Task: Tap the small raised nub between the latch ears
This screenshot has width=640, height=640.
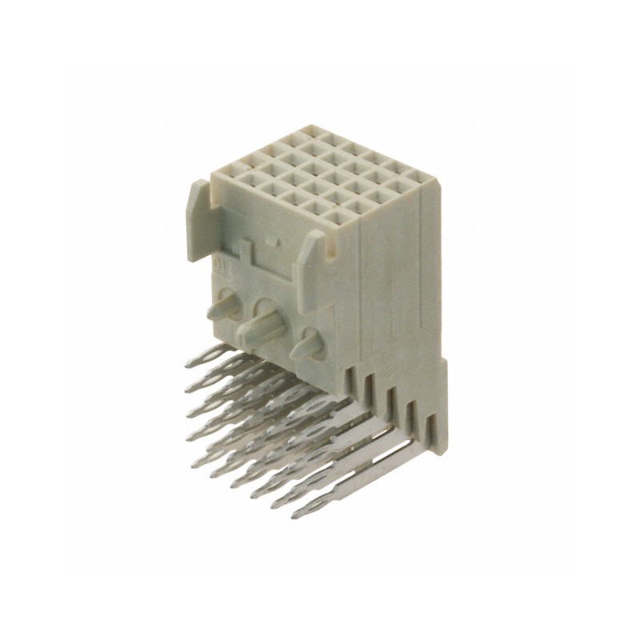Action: pos(273,240)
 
